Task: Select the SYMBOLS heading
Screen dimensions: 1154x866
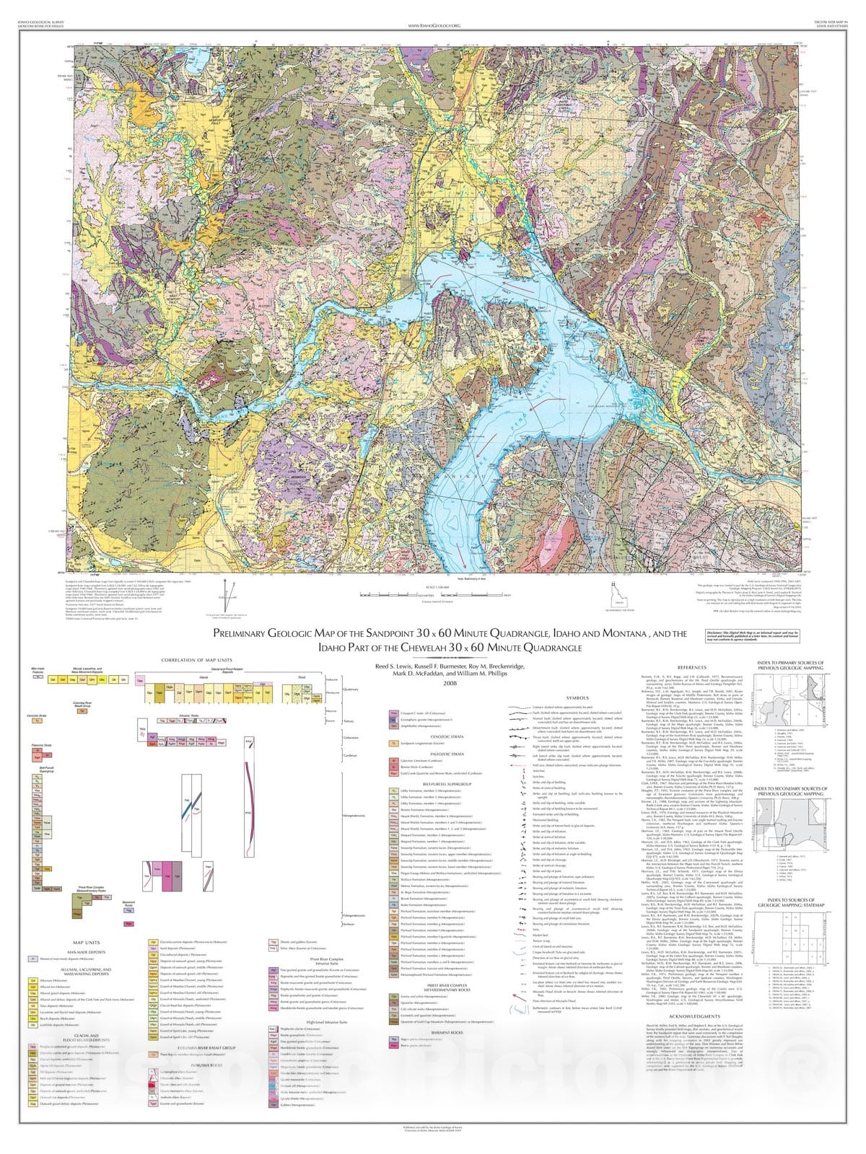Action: click(578, 698)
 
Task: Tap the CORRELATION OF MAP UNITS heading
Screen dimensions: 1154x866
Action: click(196, 659)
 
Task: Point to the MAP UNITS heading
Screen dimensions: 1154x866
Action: click(86, 943)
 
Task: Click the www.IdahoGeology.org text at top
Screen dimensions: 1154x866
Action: click(434, 25)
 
